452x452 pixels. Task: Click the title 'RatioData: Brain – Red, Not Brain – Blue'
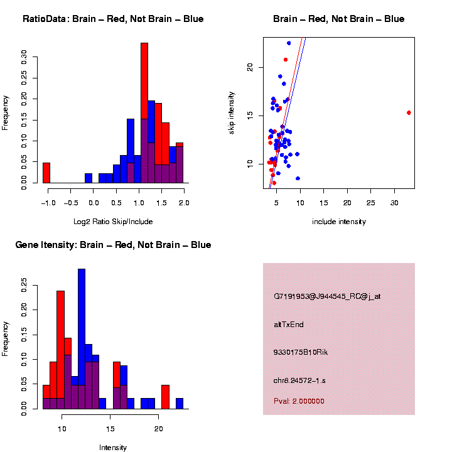[x=113, y=19]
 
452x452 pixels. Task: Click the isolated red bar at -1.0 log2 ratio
[x=46, y=173]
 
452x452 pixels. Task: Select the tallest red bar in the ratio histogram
[x=144, y=113]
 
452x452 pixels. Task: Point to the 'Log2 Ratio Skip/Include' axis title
[x=113, y=222]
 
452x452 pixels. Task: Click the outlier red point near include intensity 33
[x=409, y=113]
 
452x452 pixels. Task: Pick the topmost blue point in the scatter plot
[x=289, y=43]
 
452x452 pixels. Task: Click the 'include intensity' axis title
[x=339, y=222]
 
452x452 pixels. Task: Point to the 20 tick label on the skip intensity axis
[x=250, y=67]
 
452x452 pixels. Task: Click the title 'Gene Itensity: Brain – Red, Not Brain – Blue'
[x=113, y=245]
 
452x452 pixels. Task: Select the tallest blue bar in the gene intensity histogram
[x=82, y=339]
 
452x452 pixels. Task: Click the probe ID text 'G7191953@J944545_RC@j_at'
[x=327, y=296]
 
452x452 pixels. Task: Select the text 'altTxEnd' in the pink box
[x=289, y=325]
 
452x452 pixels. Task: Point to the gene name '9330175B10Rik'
[x=301, y=352]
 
